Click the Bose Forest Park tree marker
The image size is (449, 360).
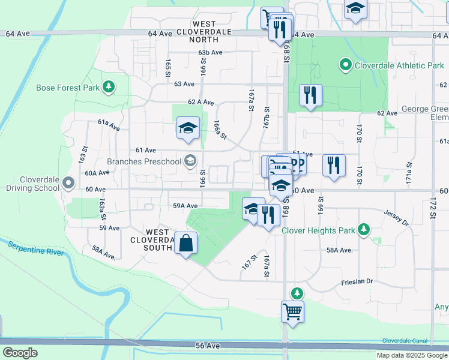(109, 88)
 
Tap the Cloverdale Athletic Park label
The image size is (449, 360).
(399, 65)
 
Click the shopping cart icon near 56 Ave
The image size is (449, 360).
(292, 311)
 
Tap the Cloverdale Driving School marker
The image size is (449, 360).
(68, 182)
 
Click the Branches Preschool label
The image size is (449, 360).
(143, 161)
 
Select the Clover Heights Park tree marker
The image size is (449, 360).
(363, 229)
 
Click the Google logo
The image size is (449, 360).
(20, 353)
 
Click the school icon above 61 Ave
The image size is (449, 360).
(188, 128)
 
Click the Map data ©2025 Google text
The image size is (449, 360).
(411, 355)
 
